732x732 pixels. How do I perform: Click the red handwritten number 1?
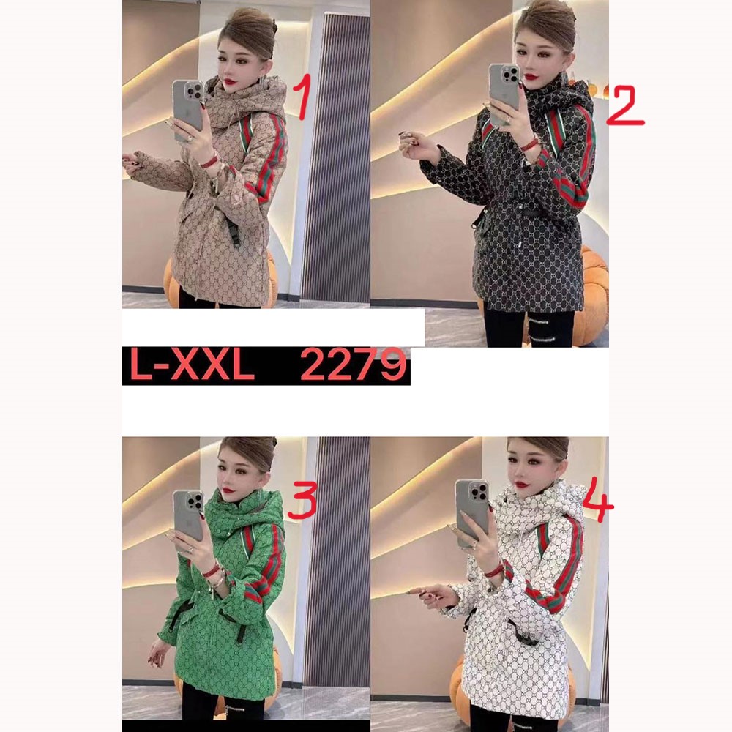pyautogui.click(x=304, y=98)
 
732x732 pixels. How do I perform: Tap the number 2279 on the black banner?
pyautogui.click(x=353, y=365)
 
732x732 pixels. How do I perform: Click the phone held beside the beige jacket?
pyautogui.click(x=188, y=111)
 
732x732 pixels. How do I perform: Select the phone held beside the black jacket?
pyautogui.click(x=504, y=93)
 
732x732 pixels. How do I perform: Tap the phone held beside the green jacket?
pyautogui.click(x=189, y=516)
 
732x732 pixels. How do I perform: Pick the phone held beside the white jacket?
pyautogui.click(x=472, y=512)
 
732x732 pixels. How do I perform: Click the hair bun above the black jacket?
pyautogui.click(x=547, y=21)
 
